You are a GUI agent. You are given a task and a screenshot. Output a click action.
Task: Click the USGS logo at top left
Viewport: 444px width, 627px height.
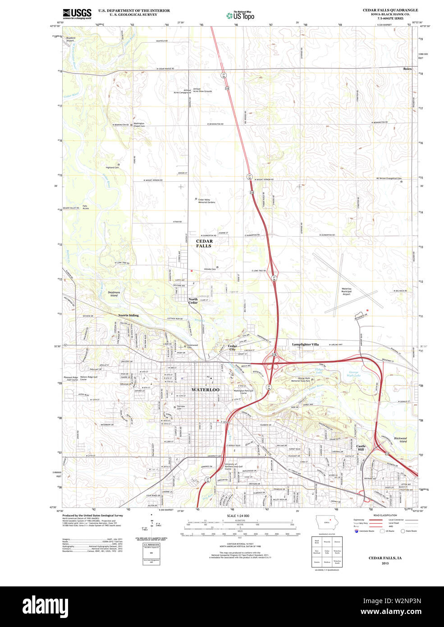[x=77, y=14]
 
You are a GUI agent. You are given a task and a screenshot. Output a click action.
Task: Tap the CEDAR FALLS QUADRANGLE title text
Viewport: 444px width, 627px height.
[x=390, y=10]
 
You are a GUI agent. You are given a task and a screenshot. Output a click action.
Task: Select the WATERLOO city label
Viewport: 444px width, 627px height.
[x=206, y=389]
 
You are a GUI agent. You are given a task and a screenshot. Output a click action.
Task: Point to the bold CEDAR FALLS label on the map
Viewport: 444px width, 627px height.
[x=204, y=244]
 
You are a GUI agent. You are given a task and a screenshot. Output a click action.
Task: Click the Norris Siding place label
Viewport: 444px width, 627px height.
[x=128, y=315]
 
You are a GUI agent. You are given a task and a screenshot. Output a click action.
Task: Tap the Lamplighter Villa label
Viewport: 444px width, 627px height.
[x=305, y=344]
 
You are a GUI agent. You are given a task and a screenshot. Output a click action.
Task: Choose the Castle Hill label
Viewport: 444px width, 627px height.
[x=361, y=448]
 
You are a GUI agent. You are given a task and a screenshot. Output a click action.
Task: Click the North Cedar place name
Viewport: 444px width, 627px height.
[x=193, y=301]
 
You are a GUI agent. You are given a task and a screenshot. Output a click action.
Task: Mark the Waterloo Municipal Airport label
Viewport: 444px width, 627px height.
[x=346, y=291]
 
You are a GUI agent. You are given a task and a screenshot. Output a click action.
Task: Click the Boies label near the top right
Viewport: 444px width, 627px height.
[x=407, y=69]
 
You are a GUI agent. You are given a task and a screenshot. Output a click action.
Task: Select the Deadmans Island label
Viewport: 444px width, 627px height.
[x=114, y=294]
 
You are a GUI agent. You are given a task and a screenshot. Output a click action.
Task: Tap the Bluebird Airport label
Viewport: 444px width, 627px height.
[x=70, y=39]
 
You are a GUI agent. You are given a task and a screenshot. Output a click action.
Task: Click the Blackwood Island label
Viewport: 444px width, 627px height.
[x=400, y=439]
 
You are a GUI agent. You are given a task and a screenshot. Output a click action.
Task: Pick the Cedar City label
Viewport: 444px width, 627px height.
[x=233, y=348]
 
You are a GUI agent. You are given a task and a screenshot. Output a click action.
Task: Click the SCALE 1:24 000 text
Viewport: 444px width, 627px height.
[x=238, y=516]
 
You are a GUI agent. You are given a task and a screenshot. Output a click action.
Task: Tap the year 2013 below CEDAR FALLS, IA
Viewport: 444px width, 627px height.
[x=385, y=563]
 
